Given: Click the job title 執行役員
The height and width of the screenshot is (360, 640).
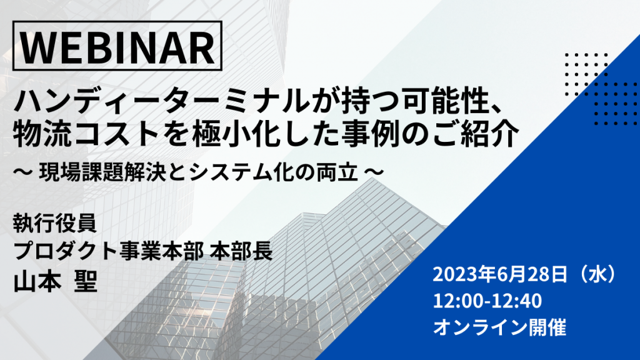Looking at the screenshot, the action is (x=55, y=223).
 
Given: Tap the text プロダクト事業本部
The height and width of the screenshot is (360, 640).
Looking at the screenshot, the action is (x=109, y=251).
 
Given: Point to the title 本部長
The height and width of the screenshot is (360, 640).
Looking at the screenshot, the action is (x=241, y=251).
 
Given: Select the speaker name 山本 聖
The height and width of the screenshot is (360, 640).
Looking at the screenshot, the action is (x=56, y=282).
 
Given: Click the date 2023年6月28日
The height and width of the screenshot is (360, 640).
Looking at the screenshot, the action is (x=500, y=275).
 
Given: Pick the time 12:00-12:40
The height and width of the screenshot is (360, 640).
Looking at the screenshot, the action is (x=487, y=301).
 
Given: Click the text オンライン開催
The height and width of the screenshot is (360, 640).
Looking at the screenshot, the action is (x=499, y=327).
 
